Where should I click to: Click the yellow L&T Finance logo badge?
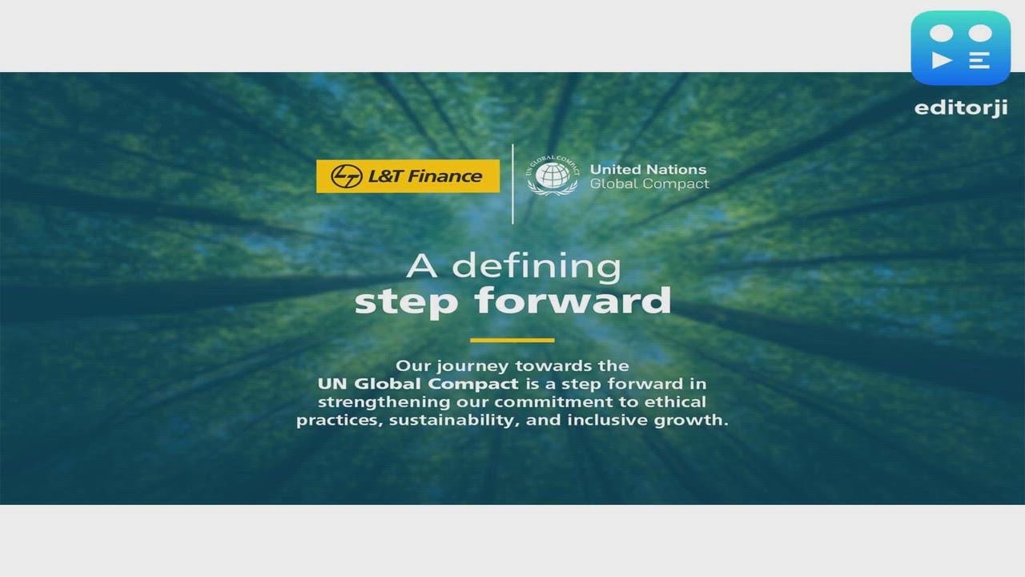(408, 176)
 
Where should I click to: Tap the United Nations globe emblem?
(552, 176)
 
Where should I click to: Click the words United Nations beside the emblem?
(648, 169)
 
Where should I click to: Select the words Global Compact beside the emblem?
(649, 184)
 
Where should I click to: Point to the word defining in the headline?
(537, 267)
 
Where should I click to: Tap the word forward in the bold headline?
(573, 301)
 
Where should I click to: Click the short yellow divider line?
(512, 341)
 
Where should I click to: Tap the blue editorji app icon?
(960, 48)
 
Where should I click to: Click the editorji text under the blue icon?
(960, 107)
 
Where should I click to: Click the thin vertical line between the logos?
(512, 184)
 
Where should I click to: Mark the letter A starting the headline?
(421, 266)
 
